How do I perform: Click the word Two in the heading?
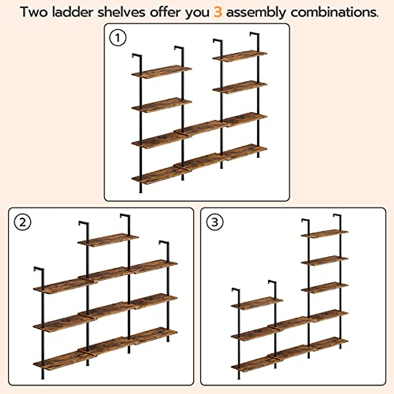34,12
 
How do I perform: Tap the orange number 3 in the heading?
218,12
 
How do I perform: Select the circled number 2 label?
22,222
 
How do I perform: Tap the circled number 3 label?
214,222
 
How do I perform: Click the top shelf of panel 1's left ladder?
162,72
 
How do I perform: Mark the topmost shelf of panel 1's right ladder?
240,56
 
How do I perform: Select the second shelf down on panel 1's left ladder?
162,105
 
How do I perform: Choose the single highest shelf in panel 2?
108,240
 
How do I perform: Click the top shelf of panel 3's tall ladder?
324,233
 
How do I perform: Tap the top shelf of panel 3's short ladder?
257,302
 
